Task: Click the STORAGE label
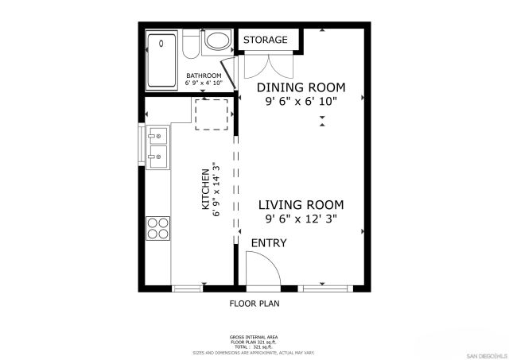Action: click(x=265, y=40)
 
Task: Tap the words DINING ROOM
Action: click(x=301, y=87)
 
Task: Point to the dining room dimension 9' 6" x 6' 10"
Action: click(x=301, y=101)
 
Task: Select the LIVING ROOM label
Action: click(x=301, y=204)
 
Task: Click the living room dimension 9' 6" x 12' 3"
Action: click(x=301, y=219)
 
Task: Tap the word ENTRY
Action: click(x=269, y=242)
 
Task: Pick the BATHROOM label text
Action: click(x=204, y=75)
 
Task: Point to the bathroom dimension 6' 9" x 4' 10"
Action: click(x=204, y=83)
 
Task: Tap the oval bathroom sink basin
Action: click(x=216, y=41)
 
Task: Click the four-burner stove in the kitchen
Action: click(x=158, y=228)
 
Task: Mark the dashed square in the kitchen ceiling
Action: click(x=212, y=114)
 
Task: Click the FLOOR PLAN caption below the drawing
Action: click(x=254, y=303)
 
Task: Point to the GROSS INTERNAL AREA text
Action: click(x=254, y=336)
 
